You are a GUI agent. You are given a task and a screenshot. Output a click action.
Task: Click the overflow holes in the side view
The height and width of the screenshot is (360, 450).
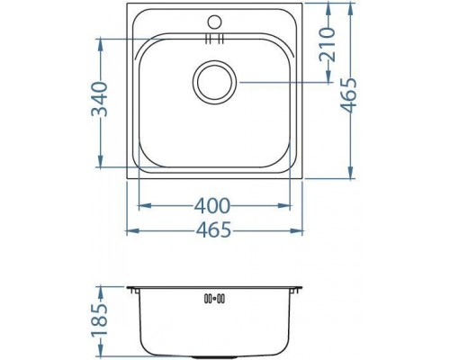pos(214,298)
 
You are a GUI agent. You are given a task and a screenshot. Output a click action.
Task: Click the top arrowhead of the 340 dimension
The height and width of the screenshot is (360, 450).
pos(98,41)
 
